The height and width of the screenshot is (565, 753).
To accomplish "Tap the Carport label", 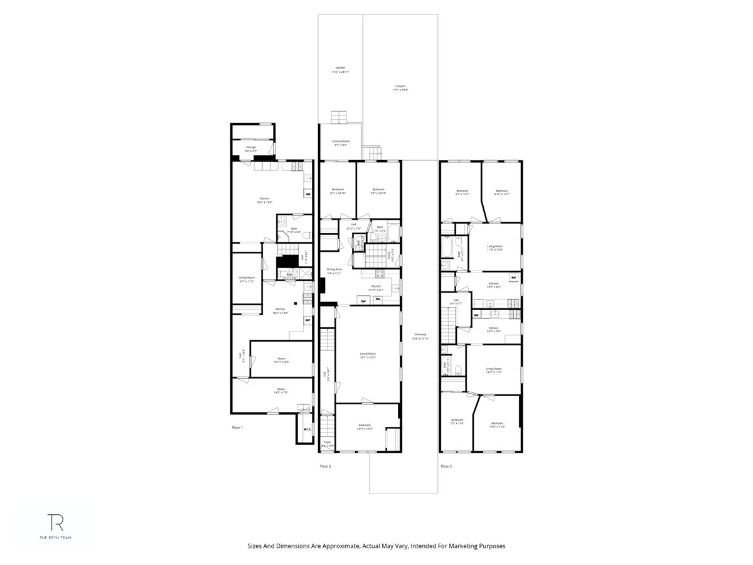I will pos(400,88).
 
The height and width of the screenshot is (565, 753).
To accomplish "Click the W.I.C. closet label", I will pos(307,429).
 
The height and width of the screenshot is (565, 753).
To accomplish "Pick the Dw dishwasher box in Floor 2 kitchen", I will pos(378,299).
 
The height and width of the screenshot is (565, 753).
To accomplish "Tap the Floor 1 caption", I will pos(237,427).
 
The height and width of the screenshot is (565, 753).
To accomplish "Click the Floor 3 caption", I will pos(446,466).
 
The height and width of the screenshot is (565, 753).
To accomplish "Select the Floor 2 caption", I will pos(325,466).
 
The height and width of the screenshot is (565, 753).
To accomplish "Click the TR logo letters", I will pos(56,522).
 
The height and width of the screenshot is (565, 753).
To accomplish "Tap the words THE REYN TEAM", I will pos(56,538).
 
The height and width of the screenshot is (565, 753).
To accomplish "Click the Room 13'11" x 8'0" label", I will pos(281,360).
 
